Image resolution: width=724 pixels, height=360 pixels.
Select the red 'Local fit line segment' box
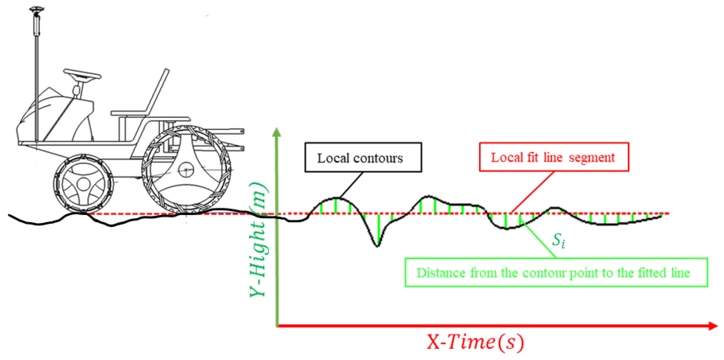(x=554, y=157)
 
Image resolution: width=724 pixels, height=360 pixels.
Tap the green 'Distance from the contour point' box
(x=556, y=272)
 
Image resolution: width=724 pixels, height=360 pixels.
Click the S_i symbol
(x=558, y=240)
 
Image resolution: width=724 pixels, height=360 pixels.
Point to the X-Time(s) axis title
(x=475, y=342)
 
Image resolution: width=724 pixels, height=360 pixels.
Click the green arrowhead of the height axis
(x=277, y=132)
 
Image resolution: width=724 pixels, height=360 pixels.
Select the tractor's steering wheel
(x=82, y=74)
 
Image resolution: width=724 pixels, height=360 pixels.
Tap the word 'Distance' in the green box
(x=441, y=273)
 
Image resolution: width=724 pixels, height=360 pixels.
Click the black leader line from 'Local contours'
(x=351, y=185)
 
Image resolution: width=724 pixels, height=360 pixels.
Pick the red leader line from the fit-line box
(x=533, y=191)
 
